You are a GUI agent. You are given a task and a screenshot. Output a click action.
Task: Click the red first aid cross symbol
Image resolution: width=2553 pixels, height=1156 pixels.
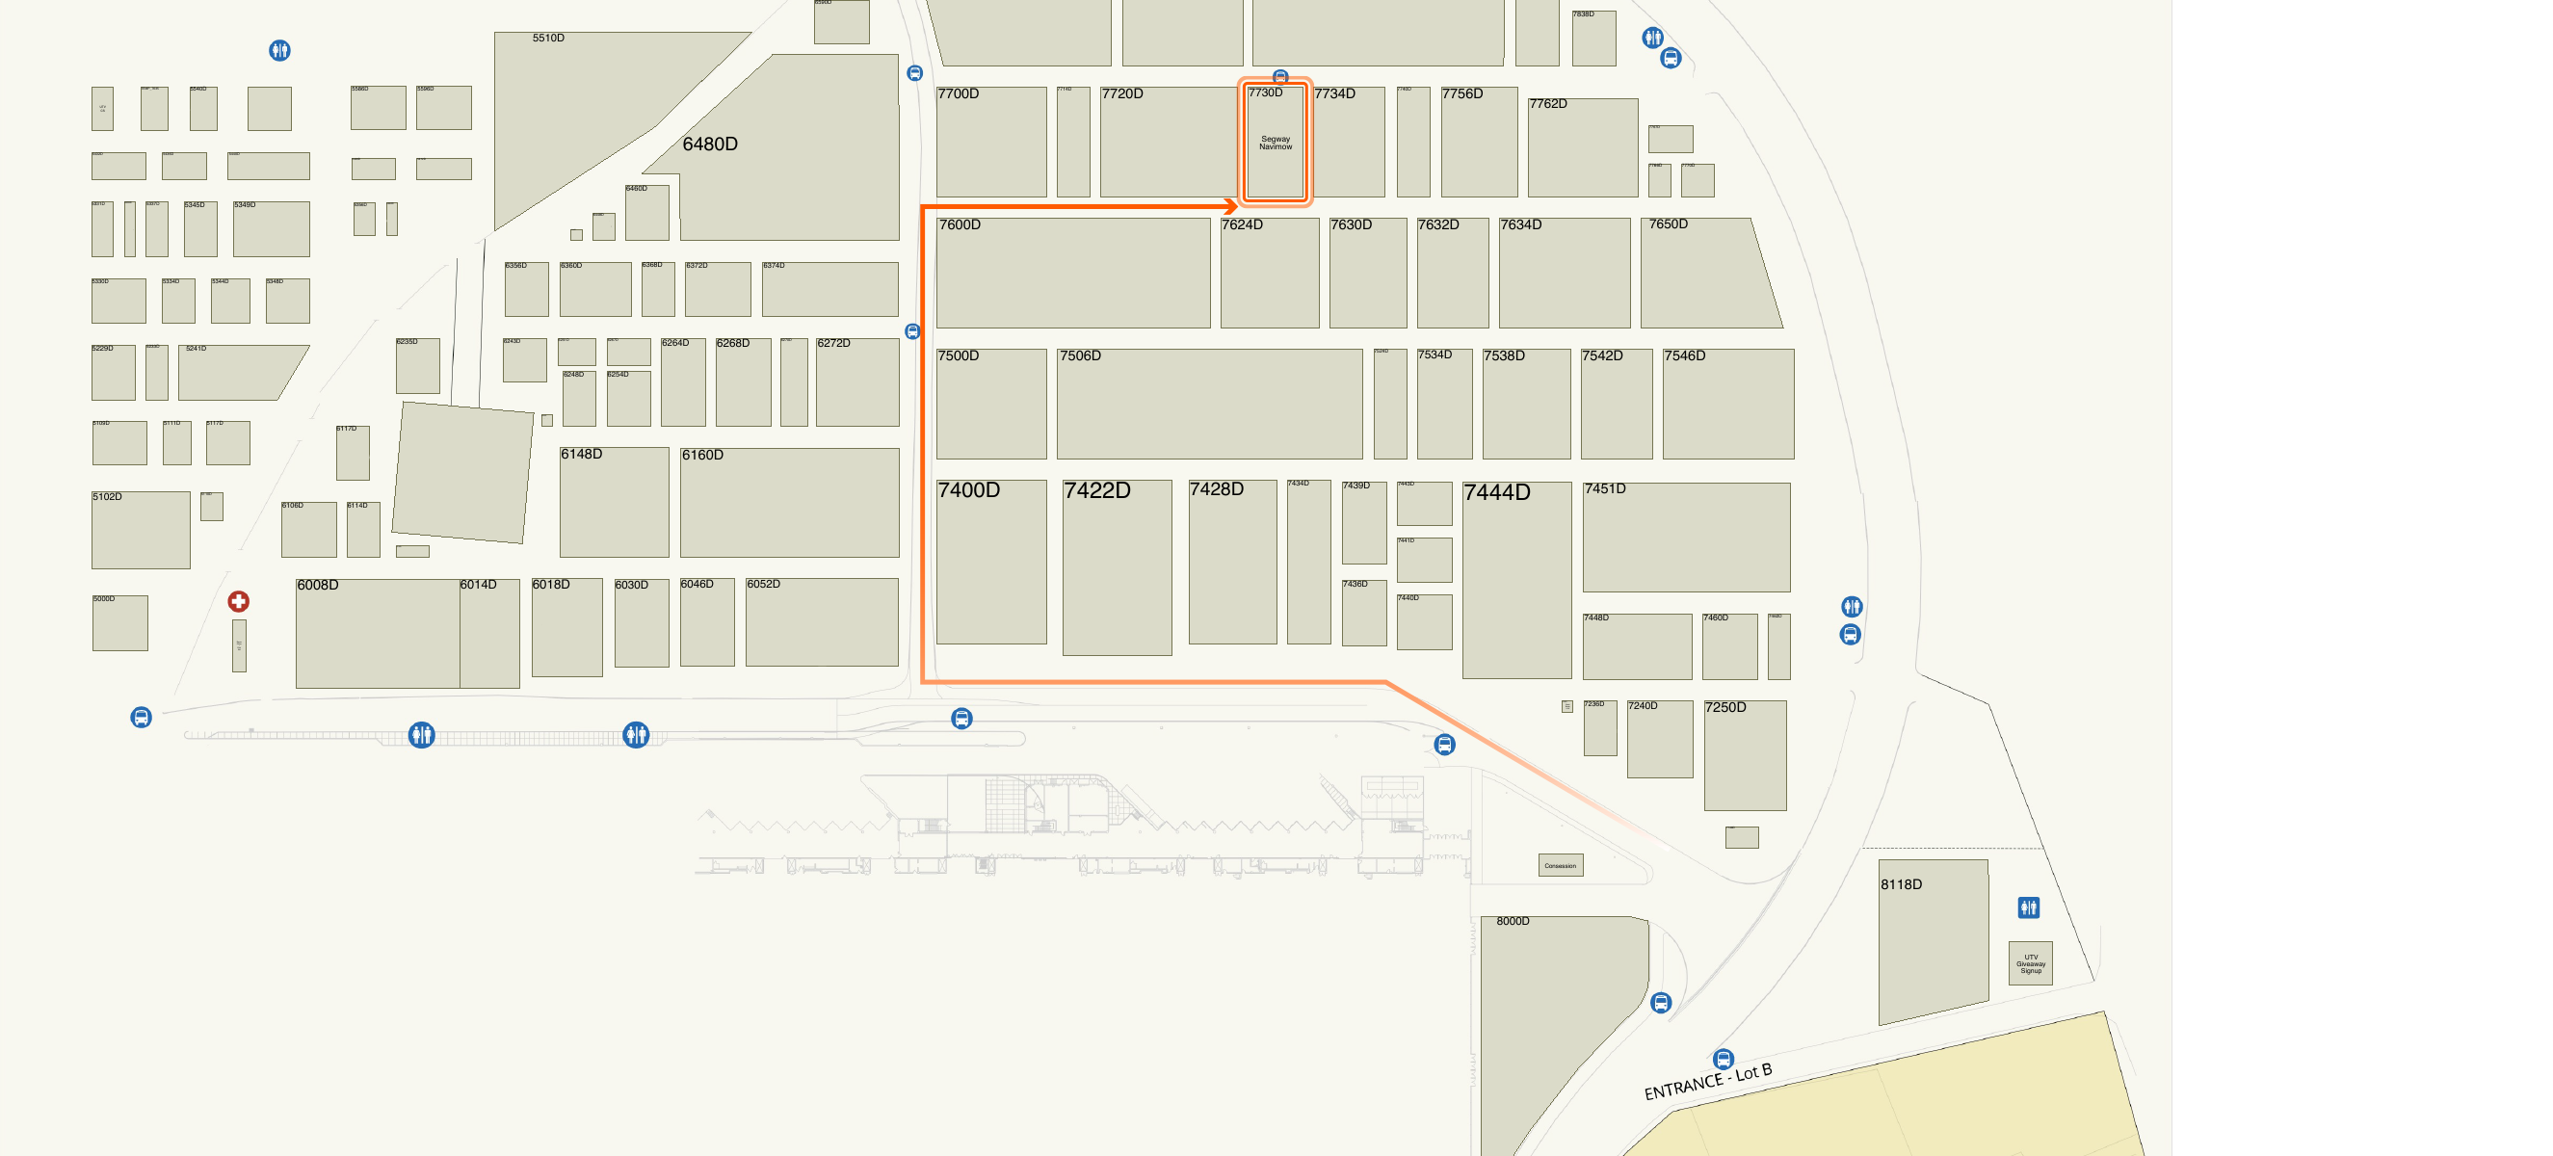pyautogui.click(x=238, y=601)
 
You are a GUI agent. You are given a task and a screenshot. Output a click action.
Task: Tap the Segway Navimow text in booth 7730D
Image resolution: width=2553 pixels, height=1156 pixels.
pyautogui.click(x=1275, y=143)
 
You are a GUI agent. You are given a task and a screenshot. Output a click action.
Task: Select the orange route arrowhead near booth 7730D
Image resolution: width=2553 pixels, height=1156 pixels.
pyautogui.click(x=1231, y=206)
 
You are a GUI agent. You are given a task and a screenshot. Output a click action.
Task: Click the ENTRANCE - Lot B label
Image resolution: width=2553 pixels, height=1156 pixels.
pyautogui.click(x=1706, y=1081)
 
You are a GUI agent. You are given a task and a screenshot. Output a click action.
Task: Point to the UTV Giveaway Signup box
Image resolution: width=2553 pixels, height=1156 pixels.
pyautogui.click(x=2030, y=962)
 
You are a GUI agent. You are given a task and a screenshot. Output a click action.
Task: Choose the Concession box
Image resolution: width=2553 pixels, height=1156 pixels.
pyautogui.click(x=1560, y=865)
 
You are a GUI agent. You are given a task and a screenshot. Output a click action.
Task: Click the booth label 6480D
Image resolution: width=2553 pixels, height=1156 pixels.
pyautogui.click(x=710, y=144)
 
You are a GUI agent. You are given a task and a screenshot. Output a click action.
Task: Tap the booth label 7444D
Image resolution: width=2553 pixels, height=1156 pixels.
pyautogui.click(x=1496, y=491)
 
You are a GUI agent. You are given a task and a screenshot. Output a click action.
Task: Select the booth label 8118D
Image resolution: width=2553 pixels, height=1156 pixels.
pyautogui.click(x=1901, y=884)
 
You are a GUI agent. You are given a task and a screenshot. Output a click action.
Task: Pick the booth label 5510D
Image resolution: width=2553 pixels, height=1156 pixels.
pyautogui.click(x=548, y=38)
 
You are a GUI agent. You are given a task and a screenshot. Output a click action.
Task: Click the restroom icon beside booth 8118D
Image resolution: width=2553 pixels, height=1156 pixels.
pyautogui.click(x=2029, y=907)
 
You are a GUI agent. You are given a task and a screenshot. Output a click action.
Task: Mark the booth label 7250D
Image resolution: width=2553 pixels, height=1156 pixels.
pyautogui.click(x=1725, y=707)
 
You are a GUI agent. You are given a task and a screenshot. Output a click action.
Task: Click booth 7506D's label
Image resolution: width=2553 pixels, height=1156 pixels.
pyautogui.click(x=1080, y=355)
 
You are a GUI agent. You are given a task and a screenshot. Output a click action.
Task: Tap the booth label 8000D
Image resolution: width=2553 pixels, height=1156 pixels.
pyautogui.click(x=1513, y=921)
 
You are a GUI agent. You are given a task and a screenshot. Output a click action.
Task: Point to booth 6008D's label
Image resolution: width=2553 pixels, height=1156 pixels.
pyautogui.click(x=317, y=585)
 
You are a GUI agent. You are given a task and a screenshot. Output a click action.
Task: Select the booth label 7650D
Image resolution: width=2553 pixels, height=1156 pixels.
pyautogui.click(x=1668, y=224)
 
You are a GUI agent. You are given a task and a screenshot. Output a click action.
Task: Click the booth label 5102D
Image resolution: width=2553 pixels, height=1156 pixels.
pyautogui.click(x=107, y=496)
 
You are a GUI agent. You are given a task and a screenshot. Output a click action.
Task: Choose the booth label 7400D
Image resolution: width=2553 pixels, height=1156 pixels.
pyautogui.click(x=968, y=489)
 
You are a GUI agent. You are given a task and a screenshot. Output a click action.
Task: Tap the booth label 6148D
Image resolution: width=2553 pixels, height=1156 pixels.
pyautogui.click(x=581, y=454)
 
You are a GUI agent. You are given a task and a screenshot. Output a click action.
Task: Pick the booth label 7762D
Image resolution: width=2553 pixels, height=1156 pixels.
pyautogui.click(x=1547, y=103)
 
